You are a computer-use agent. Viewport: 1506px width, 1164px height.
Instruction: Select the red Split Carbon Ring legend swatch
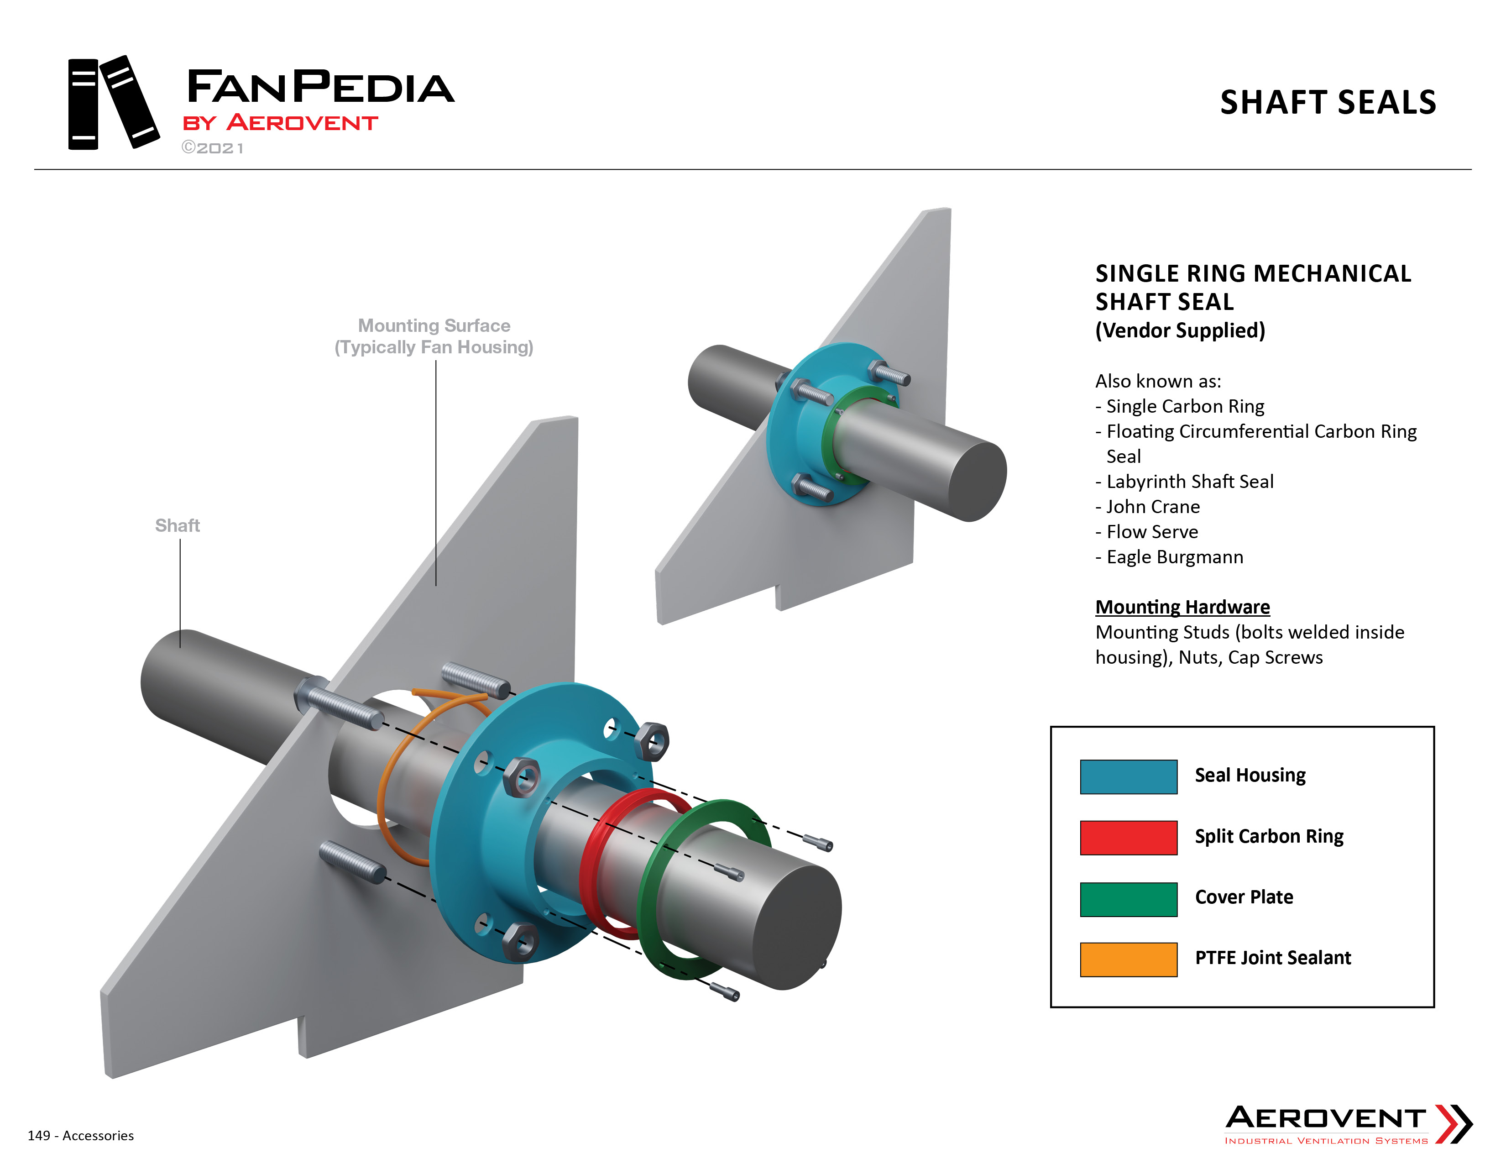tap(1128, 837)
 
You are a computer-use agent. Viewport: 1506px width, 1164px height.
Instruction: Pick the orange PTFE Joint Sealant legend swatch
tap(1128, 959)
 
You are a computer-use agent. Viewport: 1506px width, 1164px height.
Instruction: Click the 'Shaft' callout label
tap(177, 525)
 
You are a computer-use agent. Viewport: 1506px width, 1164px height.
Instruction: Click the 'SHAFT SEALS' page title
tap(1328, 102)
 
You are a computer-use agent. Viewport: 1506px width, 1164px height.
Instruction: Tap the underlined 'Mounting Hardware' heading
tap(1182, 607)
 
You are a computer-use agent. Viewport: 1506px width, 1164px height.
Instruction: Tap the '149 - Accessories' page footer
tap(81, 1136)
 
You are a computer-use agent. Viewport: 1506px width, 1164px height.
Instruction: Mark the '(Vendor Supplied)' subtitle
tap(1180, 330)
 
